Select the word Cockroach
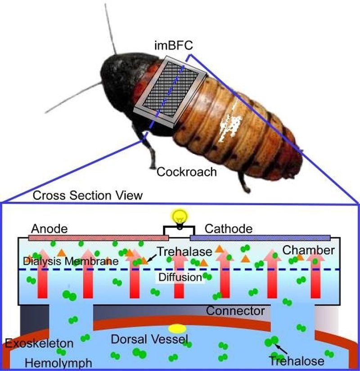pos(186,172)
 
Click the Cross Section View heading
pos(88,195)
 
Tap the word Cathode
pos(229,228)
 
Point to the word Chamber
pos(309,250)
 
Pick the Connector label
pos(235,311)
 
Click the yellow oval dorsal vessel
pos(177,329)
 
